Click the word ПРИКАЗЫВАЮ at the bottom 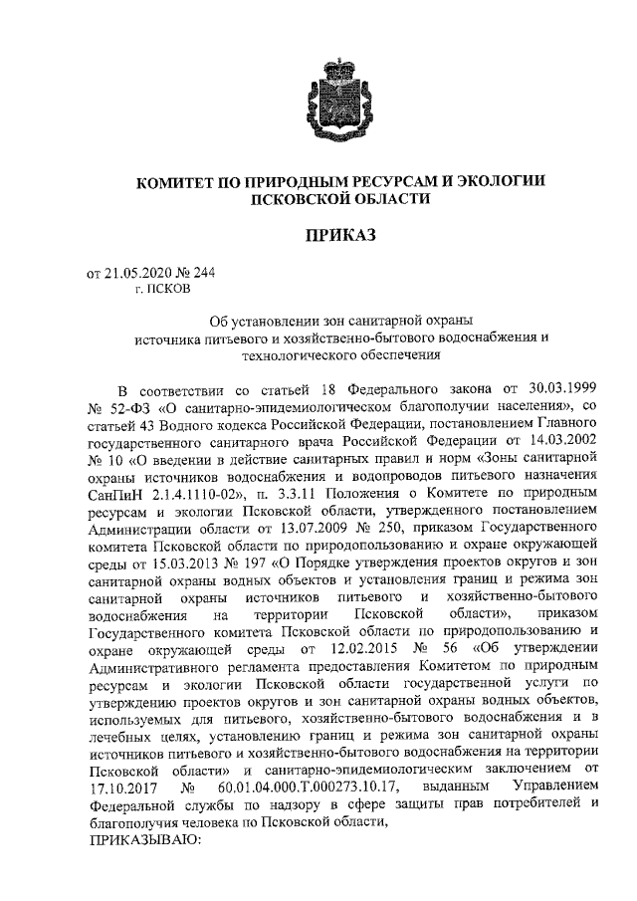(145, 840)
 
